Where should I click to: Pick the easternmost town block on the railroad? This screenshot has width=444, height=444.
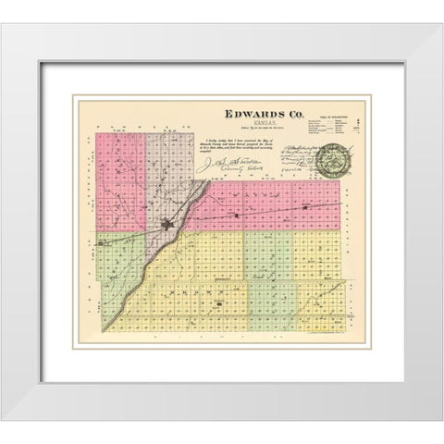pos(303,209)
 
